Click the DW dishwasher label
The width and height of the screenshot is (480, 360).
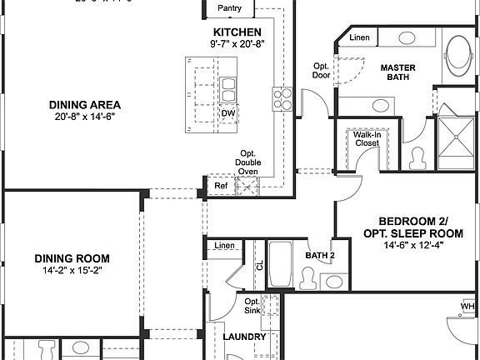227,112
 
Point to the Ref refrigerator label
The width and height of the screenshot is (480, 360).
221,186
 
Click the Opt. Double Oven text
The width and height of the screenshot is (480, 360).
247,162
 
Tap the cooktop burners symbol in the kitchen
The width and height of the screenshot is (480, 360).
282,99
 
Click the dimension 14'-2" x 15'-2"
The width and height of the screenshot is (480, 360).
72,271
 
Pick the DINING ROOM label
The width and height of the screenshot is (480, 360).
72,258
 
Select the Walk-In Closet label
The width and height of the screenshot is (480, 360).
367,138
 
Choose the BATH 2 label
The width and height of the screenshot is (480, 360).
319,255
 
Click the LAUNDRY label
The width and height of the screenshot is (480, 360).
245,337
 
